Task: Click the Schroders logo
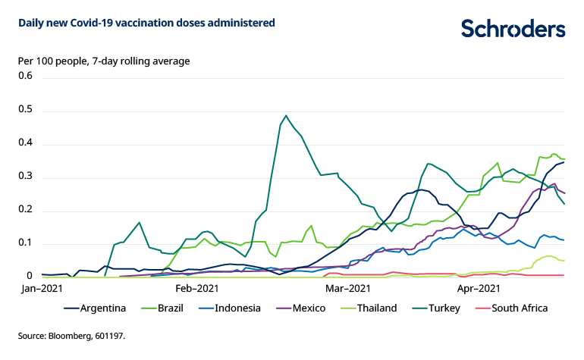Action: [x=513, y=28]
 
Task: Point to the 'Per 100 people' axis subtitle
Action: [x=104, y=61]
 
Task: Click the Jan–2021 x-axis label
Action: [x=42, y=289]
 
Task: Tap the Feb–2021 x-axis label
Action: [x=197, y=289]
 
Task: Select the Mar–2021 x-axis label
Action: [x=347, y=289]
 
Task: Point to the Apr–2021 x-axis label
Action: [x=479, y=289]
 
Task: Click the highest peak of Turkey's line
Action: [x=286, y=116]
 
